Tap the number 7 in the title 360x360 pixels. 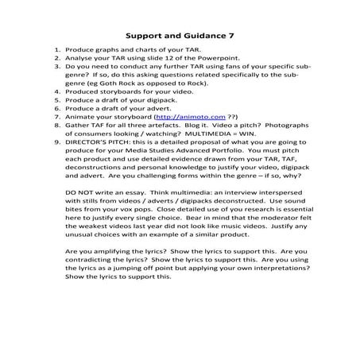tap(230, 36)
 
